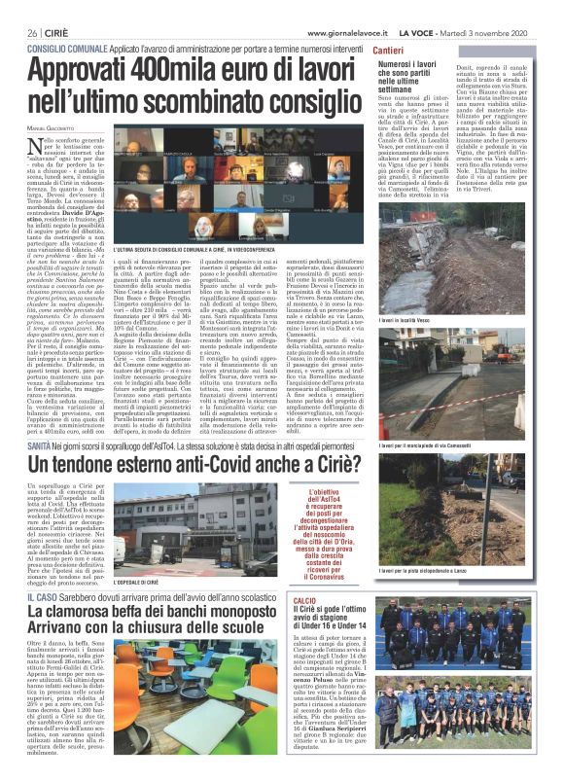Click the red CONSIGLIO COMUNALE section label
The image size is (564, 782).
click(x=67, y=46)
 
